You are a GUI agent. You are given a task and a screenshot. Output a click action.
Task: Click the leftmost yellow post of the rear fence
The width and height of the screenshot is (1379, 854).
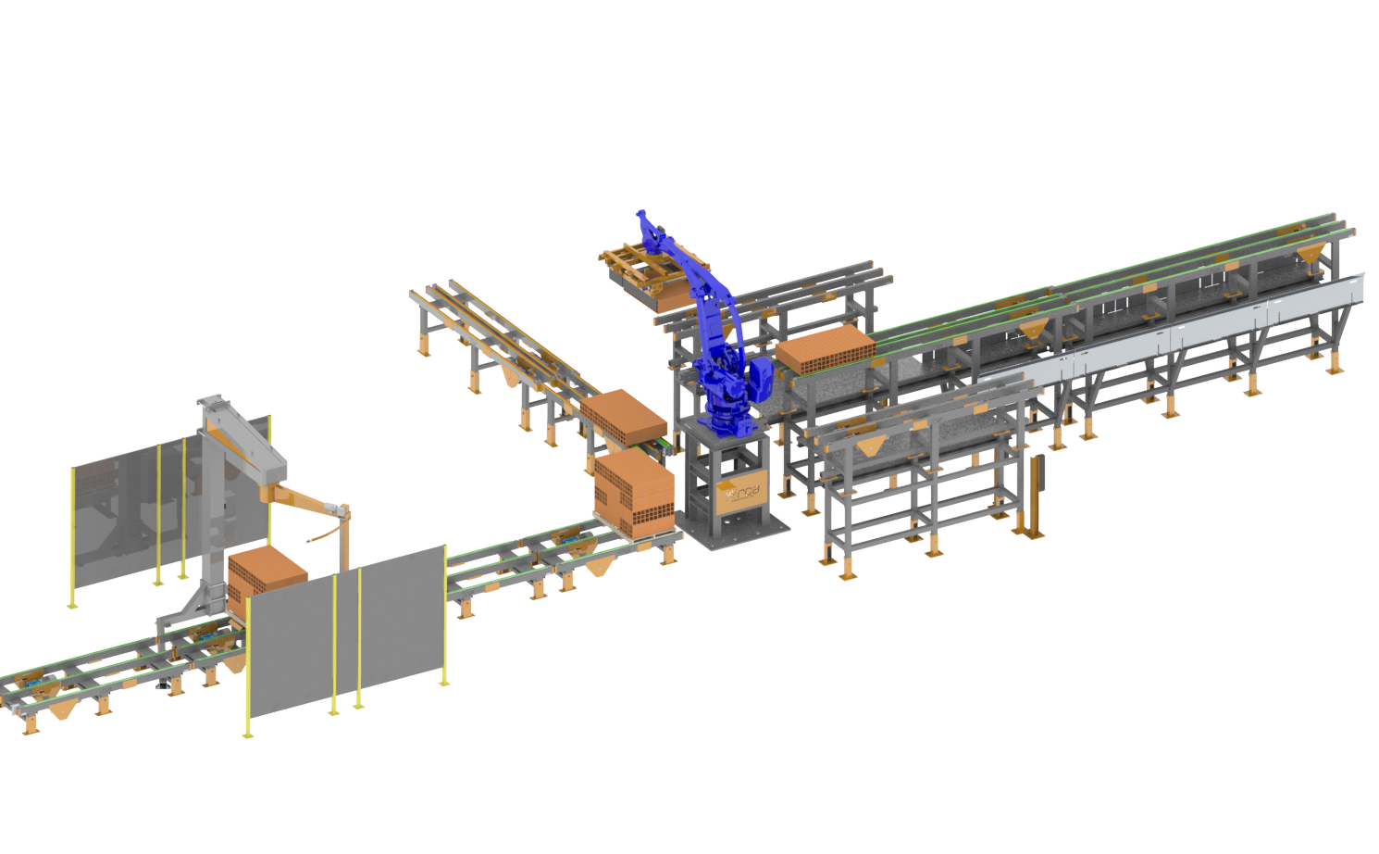point(73,537)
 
